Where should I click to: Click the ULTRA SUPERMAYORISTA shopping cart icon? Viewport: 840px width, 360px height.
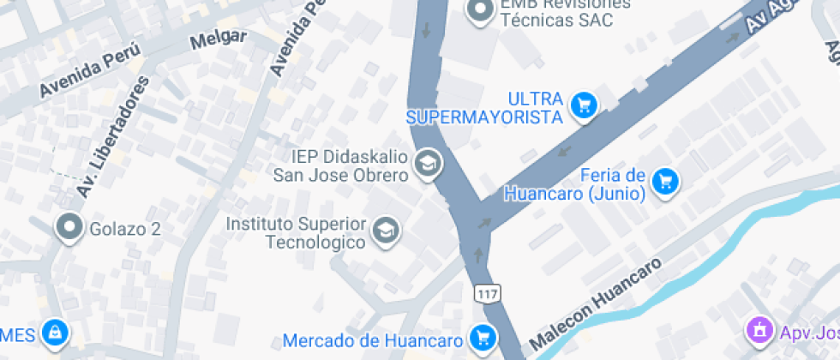point(585,105)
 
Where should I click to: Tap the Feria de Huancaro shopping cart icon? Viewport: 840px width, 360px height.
point(665,181)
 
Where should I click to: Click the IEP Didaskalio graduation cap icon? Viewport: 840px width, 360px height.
point(427,162)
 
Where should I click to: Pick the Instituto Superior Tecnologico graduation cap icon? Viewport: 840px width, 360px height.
point(387,230)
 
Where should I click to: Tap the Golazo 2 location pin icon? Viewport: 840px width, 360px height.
point(68,228)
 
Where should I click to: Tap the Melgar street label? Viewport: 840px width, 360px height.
point(219,39)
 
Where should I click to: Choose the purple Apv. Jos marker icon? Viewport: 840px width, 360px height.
point(759,329)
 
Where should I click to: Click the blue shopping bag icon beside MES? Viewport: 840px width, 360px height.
point(55,331)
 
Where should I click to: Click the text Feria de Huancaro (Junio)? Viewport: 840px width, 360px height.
point(574,185)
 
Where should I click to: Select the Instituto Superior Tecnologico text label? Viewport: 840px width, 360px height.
point(296,232)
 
